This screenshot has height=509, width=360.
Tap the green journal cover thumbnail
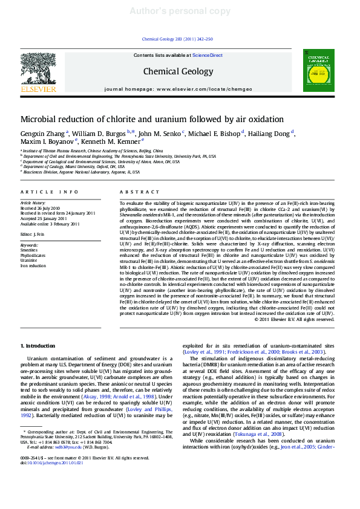318,71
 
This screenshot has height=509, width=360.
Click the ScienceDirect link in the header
207,55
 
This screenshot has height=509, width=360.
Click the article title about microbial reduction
152,119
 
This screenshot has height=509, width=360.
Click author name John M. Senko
160,132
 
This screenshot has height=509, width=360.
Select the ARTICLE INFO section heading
50,192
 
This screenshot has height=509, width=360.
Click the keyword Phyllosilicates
33,255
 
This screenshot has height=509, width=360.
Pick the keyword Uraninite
29,261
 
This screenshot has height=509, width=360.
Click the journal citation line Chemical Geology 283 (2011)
177,39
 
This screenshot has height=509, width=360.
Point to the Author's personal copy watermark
180,11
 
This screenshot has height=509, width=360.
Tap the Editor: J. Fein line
33,233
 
